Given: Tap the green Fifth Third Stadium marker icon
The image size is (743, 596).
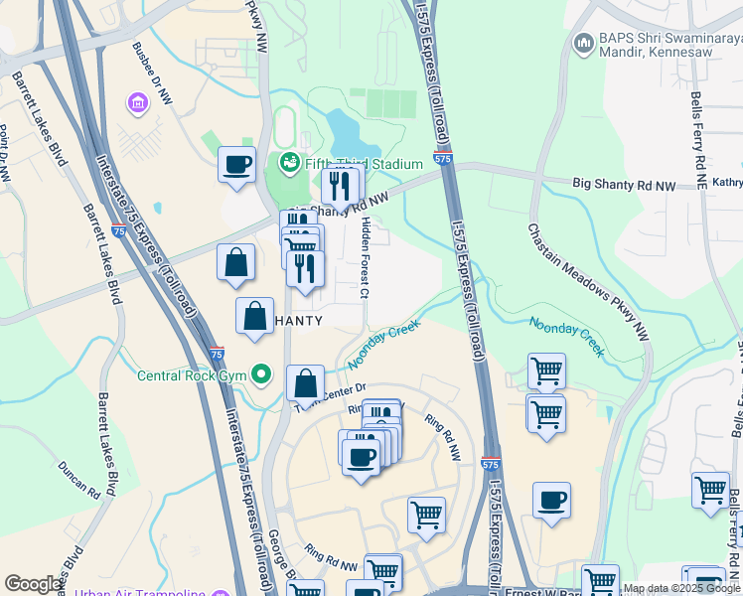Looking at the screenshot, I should click(290, 162).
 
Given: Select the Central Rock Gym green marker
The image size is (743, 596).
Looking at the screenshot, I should click(261, 374).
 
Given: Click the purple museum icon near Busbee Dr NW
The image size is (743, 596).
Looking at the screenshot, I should click(137, 101).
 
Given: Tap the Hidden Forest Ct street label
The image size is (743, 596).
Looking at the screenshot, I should click(366, 257).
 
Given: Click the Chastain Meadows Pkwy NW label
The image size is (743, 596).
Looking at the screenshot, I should click(588, 271).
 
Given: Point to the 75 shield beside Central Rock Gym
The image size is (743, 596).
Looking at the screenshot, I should click(218, 353).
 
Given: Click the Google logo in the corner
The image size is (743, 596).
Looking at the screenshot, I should click(34, 584).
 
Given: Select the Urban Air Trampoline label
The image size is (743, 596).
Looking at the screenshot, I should click(139, 593).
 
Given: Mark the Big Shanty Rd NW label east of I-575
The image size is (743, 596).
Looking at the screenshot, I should click(624, 184).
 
